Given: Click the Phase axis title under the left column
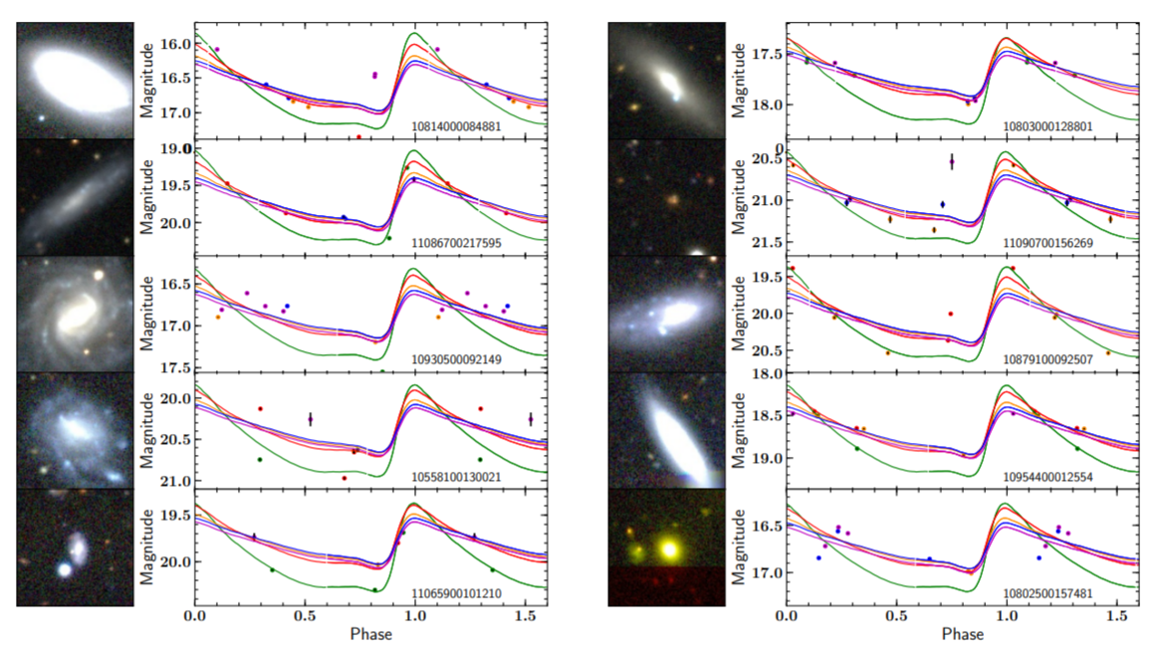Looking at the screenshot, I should [370, 634].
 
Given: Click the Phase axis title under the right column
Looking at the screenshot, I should [962, 634].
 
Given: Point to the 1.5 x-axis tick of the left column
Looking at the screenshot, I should [525, 617].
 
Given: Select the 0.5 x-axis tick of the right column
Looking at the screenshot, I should [896, 617].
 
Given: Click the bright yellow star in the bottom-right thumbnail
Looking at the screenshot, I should [669, 548].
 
